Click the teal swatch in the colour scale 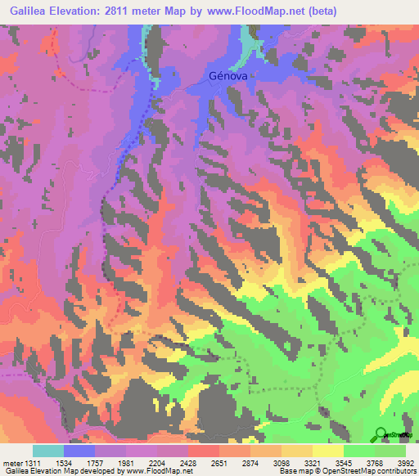point(48,451)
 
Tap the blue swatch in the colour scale point(79,451)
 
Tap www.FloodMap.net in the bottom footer point(159,471)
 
